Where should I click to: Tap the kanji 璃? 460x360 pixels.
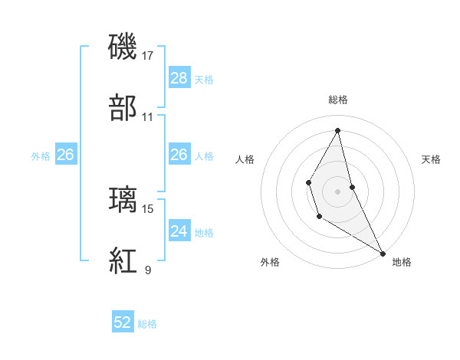(123, 198)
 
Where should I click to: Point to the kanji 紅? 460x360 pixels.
(123, 260)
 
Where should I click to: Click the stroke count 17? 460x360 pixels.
(148, 55)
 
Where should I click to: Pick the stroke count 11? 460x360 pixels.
(148, 117)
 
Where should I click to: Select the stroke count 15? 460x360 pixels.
(148, 208)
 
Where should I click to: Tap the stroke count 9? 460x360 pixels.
(148, 270)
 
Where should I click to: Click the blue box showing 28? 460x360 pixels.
(179, 78)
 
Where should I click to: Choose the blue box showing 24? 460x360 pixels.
(179, 231)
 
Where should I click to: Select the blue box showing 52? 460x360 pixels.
(123, 322)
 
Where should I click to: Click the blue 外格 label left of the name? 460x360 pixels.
(41, 155)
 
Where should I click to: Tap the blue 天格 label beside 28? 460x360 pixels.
(204, 79)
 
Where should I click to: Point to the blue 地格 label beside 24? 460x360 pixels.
(204, 231)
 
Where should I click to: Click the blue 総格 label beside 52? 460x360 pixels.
(147, 323)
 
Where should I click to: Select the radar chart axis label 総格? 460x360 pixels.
(338, 100)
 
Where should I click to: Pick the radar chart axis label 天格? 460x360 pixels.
(432, 159)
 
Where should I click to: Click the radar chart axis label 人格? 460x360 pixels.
(245, 159)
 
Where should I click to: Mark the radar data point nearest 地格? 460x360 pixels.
(383, 253)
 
